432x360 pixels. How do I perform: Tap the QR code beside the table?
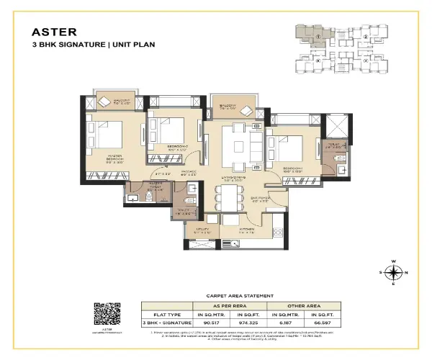(107, 313)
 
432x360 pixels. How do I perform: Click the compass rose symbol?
(392, 272)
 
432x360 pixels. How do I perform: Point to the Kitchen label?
(249, 232)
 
